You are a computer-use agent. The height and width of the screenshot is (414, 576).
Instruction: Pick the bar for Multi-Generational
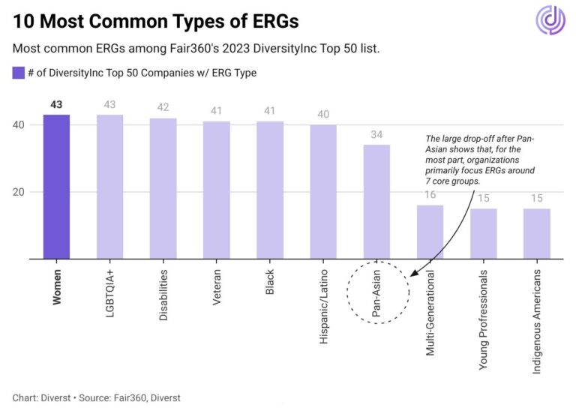click(x=430, y=232)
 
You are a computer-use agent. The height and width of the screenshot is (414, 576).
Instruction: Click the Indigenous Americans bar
click(x=537, y=233)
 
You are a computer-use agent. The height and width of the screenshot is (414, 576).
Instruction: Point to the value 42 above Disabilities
click(x=163, y=108)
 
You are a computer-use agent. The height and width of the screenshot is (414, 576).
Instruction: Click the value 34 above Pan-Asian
click(x=376, y=135)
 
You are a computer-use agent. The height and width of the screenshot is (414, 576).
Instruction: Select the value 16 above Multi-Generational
click(x=430, y=196)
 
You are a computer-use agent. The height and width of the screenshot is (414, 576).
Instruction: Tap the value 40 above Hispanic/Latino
click(x=323, y=115)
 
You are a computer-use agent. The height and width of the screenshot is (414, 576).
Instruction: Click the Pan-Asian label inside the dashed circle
click(x=376, y=289)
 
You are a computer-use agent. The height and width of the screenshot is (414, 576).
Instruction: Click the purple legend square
click(x=19, y=73)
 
